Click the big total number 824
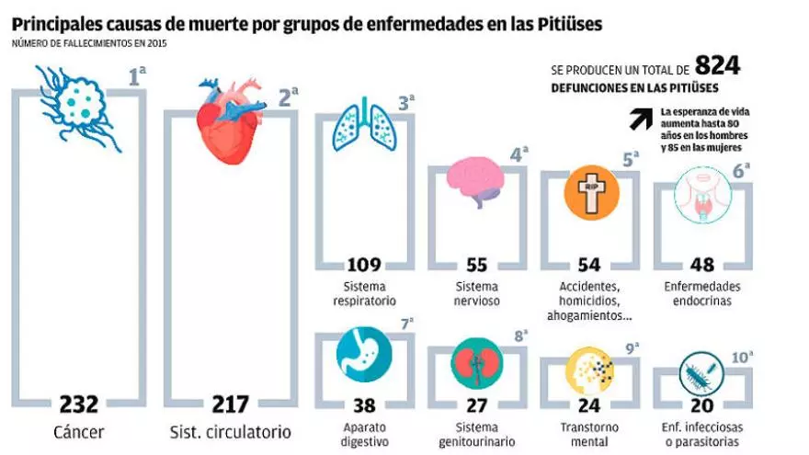click(x=717, y=66)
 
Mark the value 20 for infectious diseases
click(x=702, y=405)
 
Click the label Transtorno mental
click(x=589, y=434)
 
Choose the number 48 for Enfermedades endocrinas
click(x=702, y=265)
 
